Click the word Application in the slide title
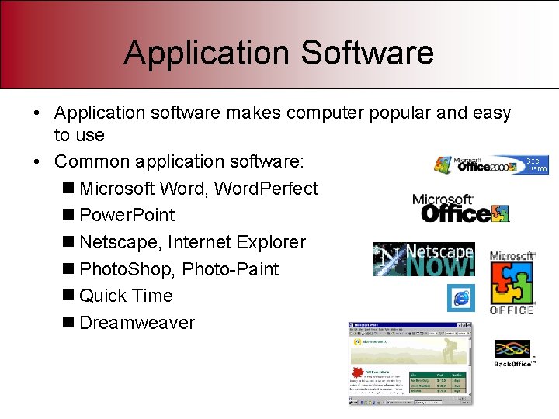207,53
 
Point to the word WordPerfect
266,189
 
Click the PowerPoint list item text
127,215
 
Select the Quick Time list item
126,296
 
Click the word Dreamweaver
137,323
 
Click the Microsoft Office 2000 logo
490,164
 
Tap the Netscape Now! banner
424,260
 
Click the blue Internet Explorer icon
460,298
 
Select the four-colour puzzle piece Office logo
512,282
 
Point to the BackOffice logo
513,353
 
